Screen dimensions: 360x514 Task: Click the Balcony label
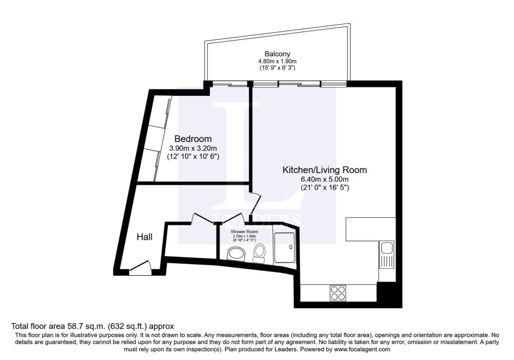pos(277,54)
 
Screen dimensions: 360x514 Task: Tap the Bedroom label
pos(193,139)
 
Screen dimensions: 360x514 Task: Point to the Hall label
pos(145,237)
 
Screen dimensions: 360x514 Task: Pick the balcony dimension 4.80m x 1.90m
pos(277,61)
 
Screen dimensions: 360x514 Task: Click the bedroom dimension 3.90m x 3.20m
pos(193,148)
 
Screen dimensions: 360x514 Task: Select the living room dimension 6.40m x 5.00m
pos(324,179)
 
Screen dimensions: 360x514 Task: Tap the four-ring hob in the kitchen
pos(337,293)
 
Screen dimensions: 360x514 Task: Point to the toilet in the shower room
pos(260,253)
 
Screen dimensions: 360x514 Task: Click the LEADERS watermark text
pos(256,220)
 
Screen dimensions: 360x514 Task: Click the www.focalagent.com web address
pos(358,349)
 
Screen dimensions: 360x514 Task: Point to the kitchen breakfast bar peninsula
pos(370,228)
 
